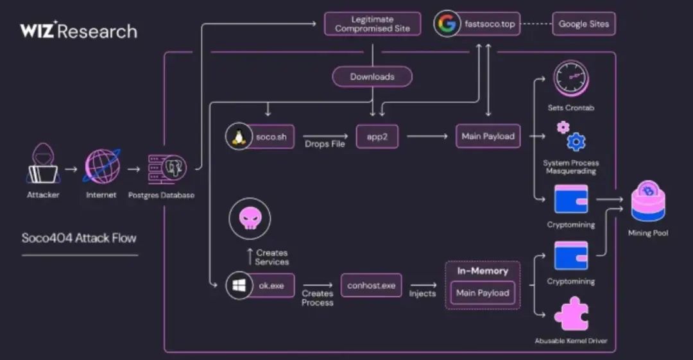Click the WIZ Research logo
(x=78, y=31)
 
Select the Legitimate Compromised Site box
(x=372, y=24)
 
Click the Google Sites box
(x=583, y=24)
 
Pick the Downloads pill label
(x=372, y=76)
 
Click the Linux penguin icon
(x=237, y=135)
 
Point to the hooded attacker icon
(x=43, y=163)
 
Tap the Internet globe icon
(x=101, y=166)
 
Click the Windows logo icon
(x=237, y=286)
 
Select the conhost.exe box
(x=371, y=286)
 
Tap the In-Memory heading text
(x=483, y=271)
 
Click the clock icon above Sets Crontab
(x=570, y=78)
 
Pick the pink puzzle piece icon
(x=570, y=314)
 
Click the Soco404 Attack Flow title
(x=79, y=238)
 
